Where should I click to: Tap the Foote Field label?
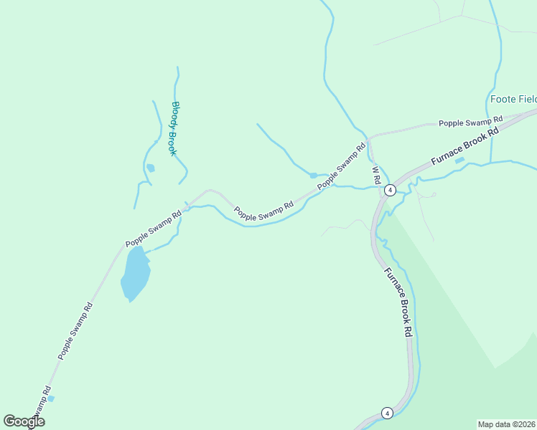pos(513,99)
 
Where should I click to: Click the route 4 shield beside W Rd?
pos(389,190)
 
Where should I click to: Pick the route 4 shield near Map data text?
pos(387,413)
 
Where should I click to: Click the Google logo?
pos(24,421)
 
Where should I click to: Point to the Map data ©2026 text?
pos(507,424)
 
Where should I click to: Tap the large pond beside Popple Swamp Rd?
pos(135,274)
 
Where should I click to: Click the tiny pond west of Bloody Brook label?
pos(150,168)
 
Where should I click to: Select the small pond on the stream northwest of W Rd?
pos(313,175)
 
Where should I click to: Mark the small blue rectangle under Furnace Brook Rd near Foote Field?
pos(459,160)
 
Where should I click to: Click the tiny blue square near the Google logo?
pos(50,398)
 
